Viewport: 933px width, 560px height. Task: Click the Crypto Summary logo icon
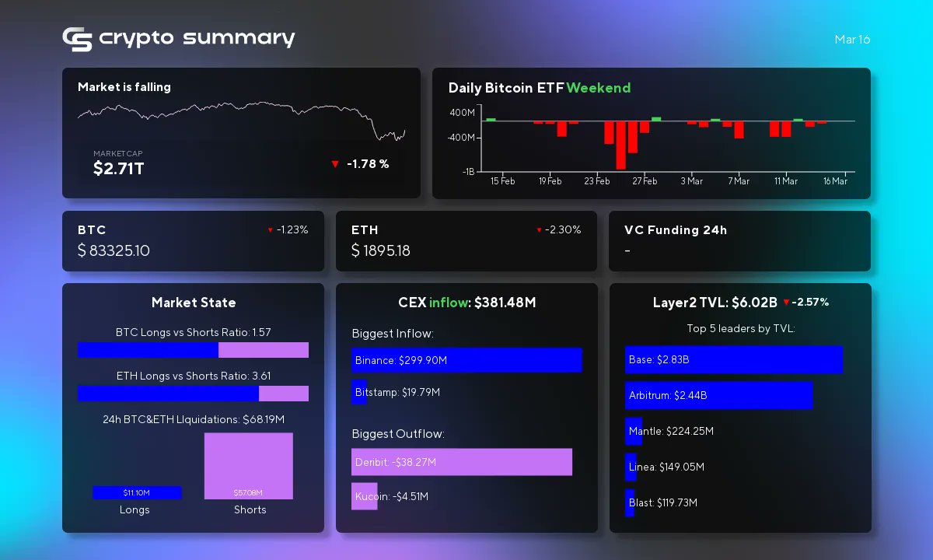click(x=77, y=39)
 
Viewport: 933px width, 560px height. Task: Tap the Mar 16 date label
click(x=852, y=40)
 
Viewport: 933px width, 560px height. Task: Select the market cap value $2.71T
click(x=118, y=168)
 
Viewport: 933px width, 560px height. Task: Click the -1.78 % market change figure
click(x=367, y=164)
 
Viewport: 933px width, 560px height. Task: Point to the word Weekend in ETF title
click(x=598, y=88)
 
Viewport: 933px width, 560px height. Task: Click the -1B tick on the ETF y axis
click(x=468, y=172)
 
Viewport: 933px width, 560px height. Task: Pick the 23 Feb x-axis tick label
click(x=597, y=181)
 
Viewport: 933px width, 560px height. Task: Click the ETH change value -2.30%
click(x=563, y=230)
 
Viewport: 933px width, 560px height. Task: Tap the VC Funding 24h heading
click(x=675, y=230)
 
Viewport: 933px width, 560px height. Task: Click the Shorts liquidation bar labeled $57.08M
click(x=248, y=465)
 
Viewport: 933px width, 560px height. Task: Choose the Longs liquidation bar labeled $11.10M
click(x=137, y=492)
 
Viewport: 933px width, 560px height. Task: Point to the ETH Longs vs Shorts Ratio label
click(x=193, y=376)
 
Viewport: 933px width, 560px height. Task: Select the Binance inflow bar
click(x=466, y=360)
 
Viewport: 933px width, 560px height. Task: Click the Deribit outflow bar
click(x=461, y=462)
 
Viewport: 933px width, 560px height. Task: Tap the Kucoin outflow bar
click(x=364, y=496)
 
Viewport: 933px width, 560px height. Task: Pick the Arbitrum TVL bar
click(x=718, y=395)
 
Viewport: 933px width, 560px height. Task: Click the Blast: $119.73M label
click(x=662, y=502)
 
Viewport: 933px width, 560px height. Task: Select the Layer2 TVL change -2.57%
click(x=809, y=302)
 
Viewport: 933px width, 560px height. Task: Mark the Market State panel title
click(x=194, y=303)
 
